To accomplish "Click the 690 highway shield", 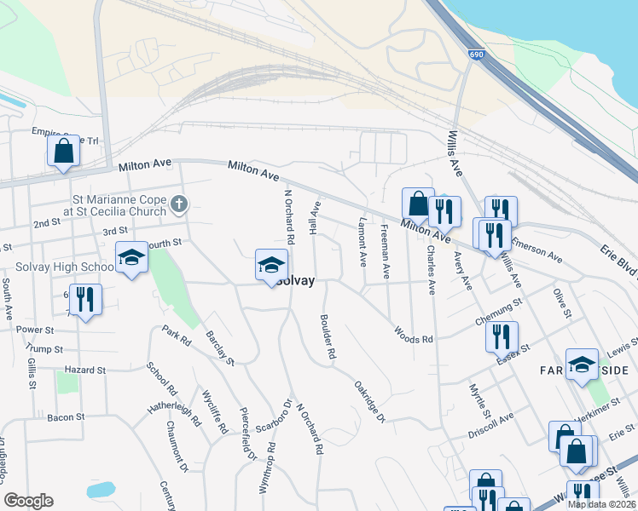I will (x=476, y=55).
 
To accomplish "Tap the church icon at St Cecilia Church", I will (x=178, y=203).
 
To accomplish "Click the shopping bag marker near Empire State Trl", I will (x=63, y=152).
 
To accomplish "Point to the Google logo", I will (x=29, y=501).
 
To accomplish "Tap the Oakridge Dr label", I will (x=369, y=399).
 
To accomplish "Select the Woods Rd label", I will (x=413, y=335).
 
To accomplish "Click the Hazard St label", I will (x=84, y=370).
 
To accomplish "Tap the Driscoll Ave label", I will (x=491, y=422).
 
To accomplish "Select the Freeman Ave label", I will (x=386, y=251).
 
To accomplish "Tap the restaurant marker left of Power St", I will (x=84, y=299).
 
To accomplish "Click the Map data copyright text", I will (x=600, y=504).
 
